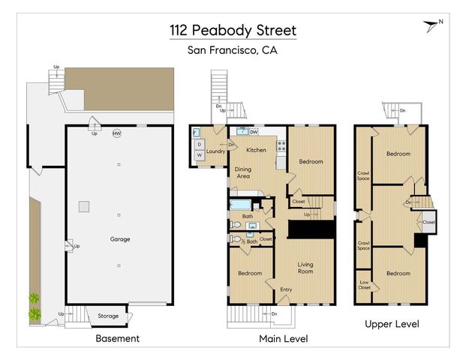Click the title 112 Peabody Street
tap(233, 31)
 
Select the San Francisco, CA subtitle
tap(233, 51)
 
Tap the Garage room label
tap(119, 239)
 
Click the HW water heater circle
tap(116, 134)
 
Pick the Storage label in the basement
tap(108, 316)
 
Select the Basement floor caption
tap(117, 338)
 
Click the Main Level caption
tap(283, 339)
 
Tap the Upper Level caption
tap(392, 324)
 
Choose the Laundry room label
tap(216, 151)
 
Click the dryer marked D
tap(200, 144)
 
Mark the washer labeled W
tap(200, 156)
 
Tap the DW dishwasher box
tap(254, 132)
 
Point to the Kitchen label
tap(257, 150)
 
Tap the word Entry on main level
tap(287, 289)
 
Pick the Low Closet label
tap(364, 285)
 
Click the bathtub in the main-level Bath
tap(242, 205)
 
